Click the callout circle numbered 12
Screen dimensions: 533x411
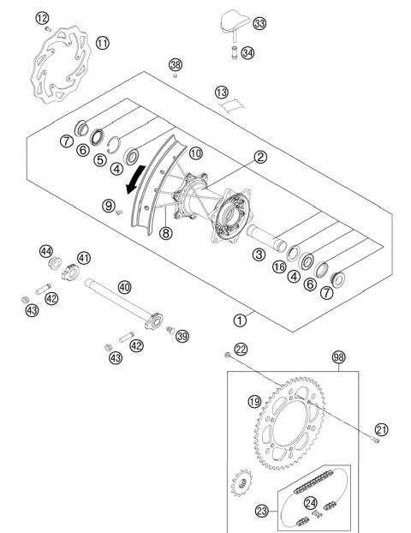pyautogui.click(x=43, y=17)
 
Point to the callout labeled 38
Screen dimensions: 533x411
pyautogui.click(x=176, y=65)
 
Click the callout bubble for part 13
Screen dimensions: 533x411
pyautogui.click(x=222, y=92)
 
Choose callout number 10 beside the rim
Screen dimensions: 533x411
pyautogui.click(x=196, y=153)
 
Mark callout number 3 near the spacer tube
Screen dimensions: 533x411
pyautogui.click(x=258, y=254)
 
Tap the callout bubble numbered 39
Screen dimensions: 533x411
pyautogui.click(x=182, y=336)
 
